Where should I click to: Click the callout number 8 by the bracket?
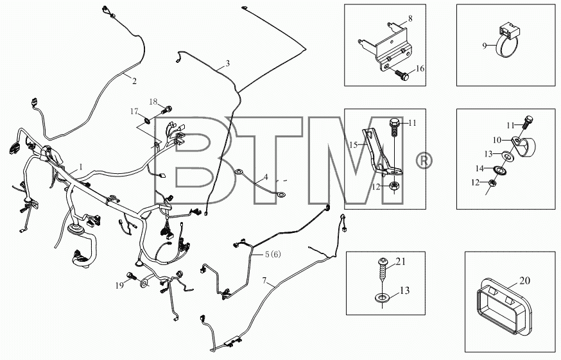point(410,18)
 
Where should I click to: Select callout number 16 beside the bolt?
point(420,69)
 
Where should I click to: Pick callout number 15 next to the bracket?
point(354,145)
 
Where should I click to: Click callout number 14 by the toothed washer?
point(479,168)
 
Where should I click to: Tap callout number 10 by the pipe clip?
point(497,140)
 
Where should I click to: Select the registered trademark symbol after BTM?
point(424,160)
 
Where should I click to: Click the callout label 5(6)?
point(273,254)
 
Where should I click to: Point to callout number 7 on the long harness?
point(264,280)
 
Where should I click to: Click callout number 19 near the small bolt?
point(119,285)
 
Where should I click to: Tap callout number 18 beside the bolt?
point(153,101)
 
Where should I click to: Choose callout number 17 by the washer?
point(134,112)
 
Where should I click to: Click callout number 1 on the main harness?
point(81,167)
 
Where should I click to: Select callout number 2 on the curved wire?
point(134,81)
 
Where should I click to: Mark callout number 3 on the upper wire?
point(228,64)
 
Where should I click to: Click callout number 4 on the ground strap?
point(266,177)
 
